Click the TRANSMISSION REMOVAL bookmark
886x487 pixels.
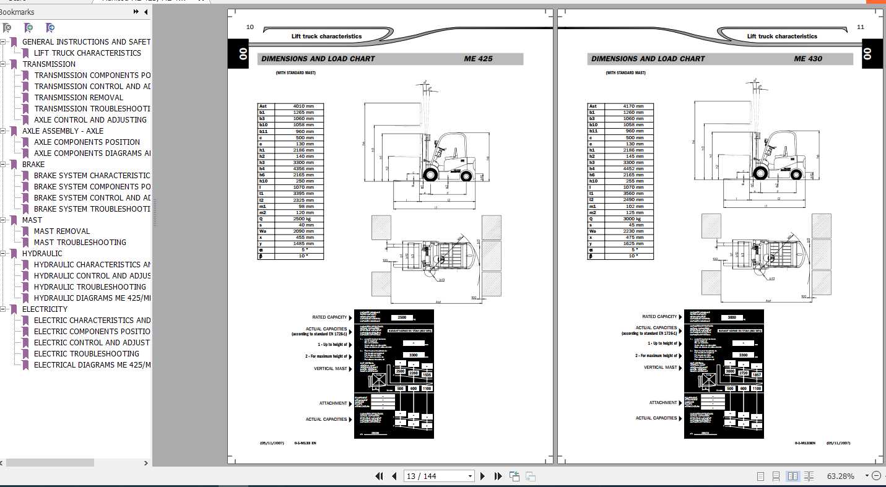[x=79, y=97]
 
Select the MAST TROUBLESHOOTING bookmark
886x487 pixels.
[x=80, y=242]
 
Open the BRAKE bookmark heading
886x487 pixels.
[x=33, y=164]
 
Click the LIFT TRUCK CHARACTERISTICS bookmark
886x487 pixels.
[x=87, y=53]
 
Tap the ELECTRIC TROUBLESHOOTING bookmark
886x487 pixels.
[x=86, y=353]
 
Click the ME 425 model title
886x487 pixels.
[x=478, y=59]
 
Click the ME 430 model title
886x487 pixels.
[x=808, y=59]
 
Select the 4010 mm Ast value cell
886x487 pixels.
[x=303, y=106]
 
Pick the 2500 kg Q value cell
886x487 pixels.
[x=303, y=218]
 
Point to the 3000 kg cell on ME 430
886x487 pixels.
[x=633, y=218]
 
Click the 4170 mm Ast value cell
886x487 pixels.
[x=633, y=106]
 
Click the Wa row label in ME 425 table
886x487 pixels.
[x=263, y=231]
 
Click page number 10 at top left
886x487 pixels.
[x=250, y=27]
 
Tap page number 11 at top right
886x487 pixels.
[x=861, y=27]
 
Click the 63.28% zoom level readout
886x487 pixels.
[x=840, y=476]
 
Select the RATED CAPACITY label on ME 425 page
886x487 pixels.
[x=329, y=317]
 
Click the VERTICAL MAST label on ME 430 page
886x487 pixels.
[x=660, y=367]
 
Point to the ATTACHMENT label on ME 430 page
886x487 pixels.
[x=662, y=402]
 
